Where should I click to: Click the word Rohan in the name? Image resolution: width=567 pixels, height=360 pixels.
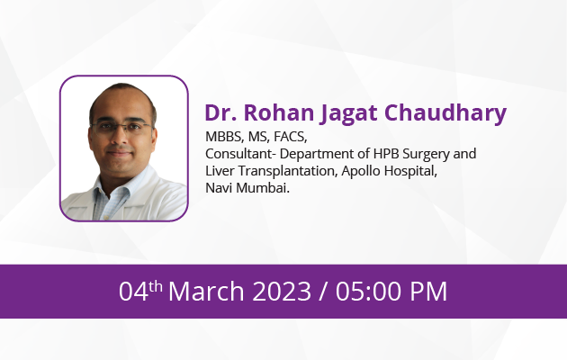[279, 112]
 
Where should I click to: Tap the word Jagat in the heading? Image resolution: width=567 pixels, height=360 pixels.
[348, 114]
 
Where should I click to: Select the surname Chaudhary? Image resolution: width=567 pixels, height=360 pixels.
[445, 114]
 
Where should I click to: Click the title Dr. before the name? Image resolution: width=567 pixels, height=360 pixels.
[220, 112]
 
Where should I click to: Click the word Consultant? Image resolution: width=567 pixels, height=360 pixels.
[238, 154]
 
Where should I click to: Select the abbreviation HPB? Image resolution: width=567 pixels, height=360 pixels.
[386, 154]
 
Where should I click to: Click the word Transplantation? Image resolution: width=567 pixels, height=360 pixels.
[288, 172]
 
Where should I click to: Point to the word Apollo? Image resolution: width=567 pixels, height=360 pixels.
[361, 172]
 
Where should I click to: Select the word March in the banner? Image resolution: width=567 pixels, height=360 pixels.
[206, 291]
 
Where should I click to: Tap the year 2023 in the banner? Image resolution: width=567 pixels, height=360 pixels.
[282, 291]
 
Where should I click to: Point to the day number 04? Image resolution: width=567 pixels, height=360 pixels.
[133, 291]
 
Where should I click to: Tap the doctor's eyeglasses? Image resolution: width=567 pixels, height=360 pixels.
[122, 128]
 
